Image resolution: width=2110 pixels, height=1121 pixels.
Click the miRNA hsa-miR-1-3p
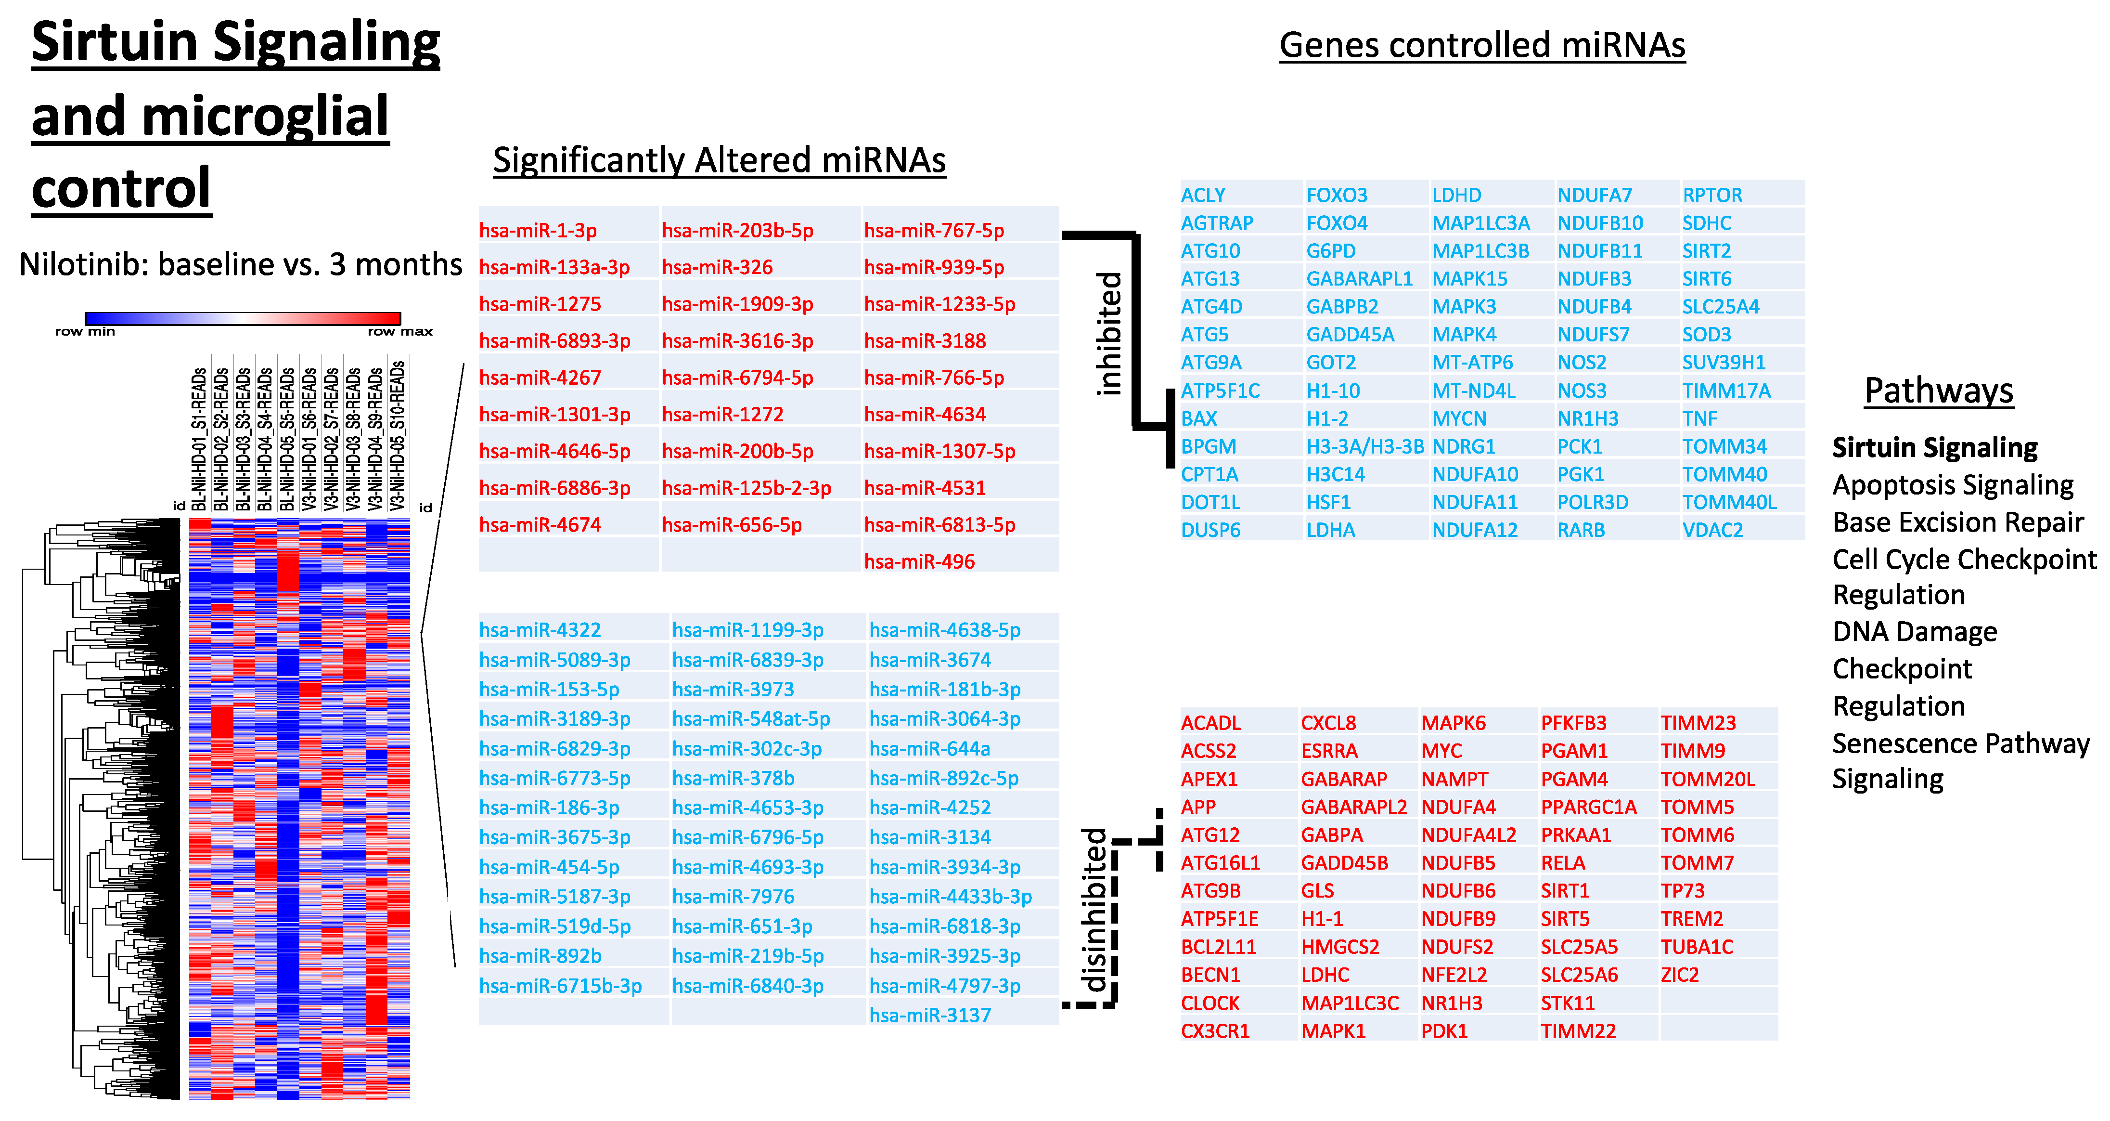pyautogui.click(x=538, y=230)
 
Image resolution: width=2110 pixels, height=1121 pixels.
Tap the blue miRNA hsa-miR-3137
pyautogui.click(x=930, y=1015)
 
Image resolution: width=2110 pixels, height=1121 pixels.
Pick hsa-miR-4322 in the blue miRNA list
pyautogui.click(x=540, y=630)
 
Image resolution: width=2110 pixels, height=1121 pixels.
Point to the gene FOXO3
pyautogui.click(x=1337, y=195)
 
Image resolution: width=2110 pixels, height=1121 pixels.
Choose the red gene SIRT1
pyautogui.click(x=1565, y=891)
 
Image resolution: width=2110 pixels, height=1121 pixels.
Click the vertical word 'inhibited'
pyautogui.click(x=1109, y=334)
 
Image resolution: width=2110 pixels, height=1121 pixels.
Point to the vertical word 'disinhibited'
pyautogui.click(x=1094, y=910)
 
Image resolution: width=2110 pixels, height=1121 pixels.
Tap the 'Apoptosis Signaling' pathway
pyautogui.click(x=1952, y=485)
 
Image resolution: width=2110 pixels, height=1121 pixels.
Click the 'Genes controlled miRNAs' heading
pyautogui.click(x=1482, y=45)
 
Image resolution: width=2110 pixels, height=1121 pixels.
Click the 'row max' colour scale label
pyautogui.click(x=400, y=332)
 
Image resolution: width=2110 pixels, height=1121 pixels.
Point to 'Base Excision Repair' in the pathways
pyautogui.click(x=1957, y=522)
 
